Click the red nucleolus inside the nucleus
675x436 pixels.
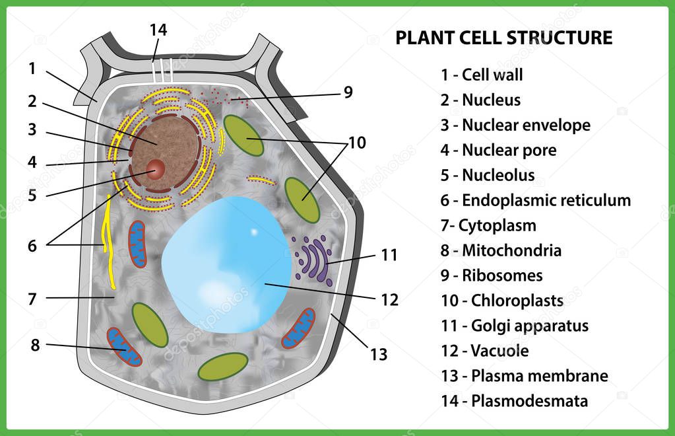(x=156, y=169)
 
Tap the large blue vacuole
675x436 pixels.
(x=227, y=264)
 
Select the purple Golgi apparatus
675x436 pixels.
(x=313, y=260)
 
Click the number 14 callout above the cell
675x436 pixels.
(x=158, y=30)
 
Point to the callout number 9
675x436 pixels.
(x=348, y=92)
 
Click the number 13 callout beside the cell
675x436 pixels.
(x=379, y=355)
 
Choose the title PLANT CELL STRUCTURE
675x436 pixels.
(x=503, y=38)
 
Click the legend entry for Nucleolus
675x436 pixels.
(x=488, y=175)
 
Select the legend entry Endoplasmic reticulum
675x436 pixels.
(x=536, y=200)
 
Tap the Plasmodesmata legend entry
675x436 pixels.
(x=515, y=401)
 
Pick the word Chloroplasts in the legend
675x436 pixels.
(x=517, y=301)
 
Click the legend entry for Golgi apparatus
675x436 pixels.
(x=515, y=326)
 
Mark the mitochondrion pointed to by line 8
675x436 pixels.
(x=124, y=347)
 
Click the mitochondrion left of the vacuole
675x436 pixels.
(x=138, y=244)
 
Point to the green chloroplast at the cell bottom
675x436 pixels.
(x=222, y=367)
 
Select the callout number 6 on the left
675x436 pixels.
(x=32, y=246)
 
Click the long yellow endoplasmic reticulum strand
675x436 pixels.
(x=108, y=241)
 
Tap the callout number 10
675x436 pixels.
(x=357, y=143)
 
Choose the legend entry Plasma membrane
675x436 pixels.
(x=525, y=376)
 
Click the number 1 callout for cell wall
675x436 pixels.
(x=32, y=68)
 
